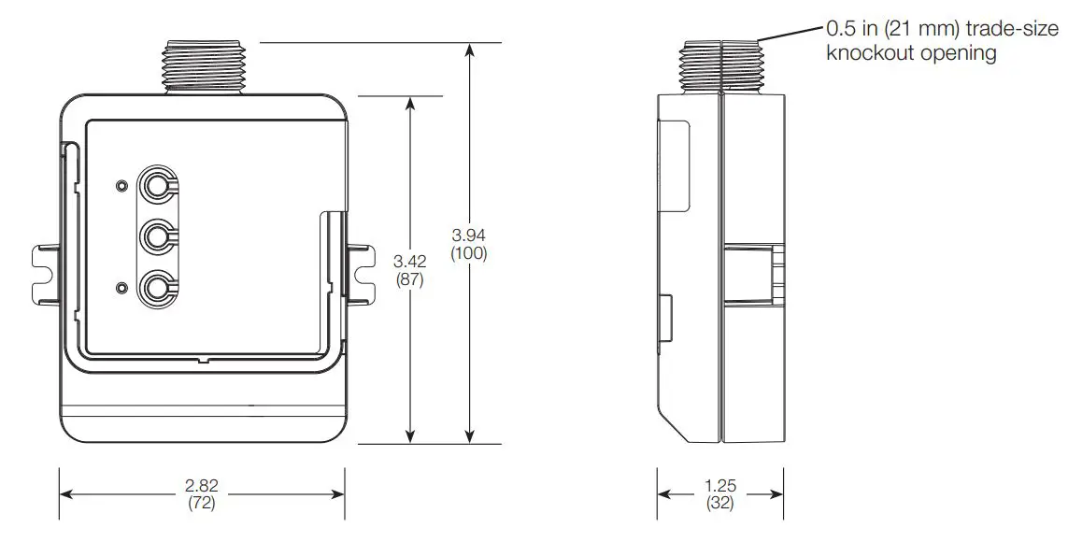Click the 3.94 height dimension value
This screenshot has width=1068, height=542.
coord(468,234)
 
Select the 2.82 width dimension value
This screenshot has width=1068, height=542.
coord(201,486)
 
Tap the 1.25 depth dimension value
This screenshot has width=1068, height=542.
coord(719,486)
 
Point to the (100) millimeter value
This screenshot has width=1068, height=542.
coord(468,252)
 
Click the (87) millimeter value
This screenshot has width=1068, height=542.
coord(408,279)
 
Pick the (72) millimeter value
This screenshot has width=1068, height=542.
coord(201,504)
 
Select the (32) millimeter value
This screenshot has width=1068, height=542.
coord(719,504)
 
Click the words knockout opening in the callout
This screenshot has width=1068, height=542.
coord(911,53)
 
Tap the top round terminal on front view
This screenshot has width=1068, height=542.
coord(155,186)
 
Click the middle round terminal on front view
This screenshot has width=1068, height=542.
coord(155,235)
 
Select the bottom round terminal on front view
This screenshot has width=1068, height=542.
coord(155,286)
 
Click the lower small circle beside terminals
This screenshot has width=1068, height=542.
coord(121,286)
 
